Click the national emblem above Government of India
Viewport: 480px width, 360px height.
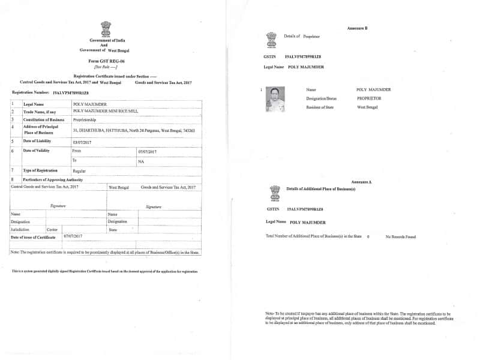click(x=106, y=28)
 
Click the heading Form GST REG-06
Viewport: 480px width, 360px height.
click(x=106, y=61)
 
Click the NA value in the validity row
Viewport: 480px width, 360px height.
click(x=141, y=161)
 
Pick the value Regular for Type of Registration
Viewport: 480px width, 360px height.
click(x=79, y=171)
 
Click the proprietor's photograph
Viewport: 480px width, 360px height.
click(x=275, y=100)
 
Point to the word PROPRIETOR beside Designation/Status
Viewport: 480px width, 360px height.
click(x=373, y=98)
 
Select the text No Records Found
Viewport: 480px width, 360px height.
click(x=401, y=236)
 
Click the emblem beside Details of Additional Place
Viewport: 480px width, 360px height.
click(x=275, y=191)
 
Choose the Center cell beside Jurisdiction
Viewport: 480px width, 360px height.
click(x=52, y=229)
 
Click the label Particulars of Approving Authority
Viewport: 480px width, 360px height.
click(x=53, y=179)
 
